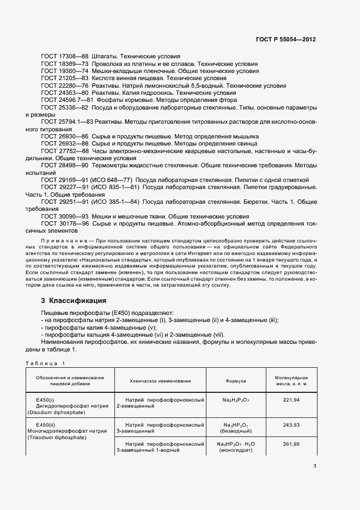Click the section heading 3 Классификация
coord(74,301)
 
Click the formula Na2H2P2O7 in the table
coord(235,400)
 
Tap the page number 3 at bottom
coord(314,466)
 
